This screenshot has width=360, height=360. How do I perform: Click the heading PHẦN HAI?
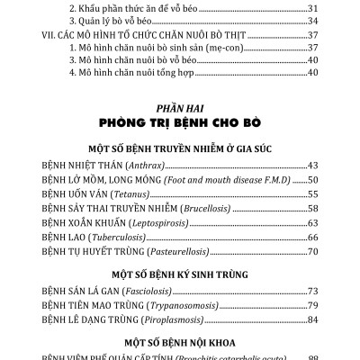click(x=179, y=105)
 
